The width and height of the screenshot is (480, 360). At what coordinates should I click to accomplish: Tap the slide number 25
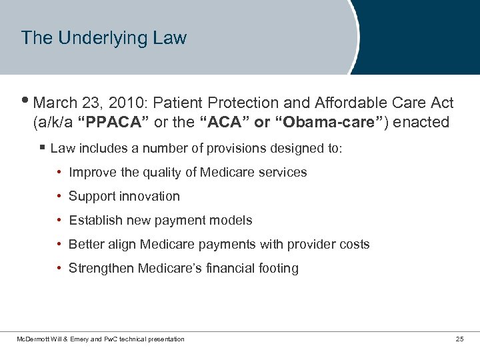pyautogui.click(x=459, y=339)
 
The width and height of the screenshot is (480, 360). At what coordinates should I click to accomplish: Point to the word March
pyautogui.click(x=53, y=103)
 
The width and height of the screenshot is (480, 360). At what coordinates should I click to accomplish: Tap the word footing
pyautogui.click(x=280, y=268)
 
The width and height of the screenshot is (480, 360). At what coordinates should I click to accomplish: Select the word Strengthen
pyautogui.click(x=101, y=268)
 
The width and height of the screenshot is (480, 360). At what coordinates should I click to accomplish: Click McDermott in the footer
pyautogui.click(x=33, y=339)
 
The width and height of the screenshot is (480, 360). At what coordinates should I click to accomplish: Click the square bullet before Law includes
pyautogui.click(x=42, y=147)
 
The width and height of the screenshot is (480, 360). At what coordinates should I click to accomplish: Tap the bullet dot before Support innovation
pyautogui.click(x=60, y=196)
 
